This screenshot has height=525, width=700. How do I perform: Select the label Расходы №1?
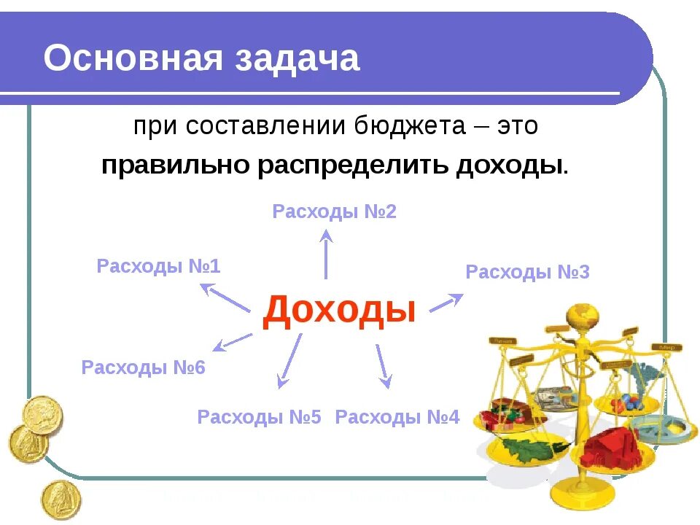tap(158, 266)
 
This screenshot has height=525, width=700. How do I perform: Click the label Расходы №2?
tap(334, 212)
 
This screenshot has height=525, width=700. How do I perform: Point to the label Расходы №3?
tap(527, 273)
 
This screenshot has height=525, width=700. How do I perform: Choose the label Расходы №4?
tap(397, 418)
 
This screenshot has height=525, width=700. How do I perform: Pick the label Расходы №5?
tap(259, 418)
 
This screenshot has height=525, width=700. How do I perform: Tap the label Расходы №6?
tap(144, 367)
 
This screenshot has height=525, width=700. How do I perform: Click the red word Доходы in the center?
tap(339, 310)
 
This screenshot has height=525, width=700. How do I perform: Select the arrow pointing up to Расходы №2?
tap(326, 252)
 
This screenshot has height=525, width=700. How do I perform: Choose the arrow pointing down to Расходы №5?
tap(289, 360)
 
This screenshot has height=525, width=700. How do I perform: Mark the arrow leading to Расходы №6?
tap(233, 341)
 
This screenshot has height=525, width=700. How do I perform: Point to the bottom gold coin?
tap(61, 499)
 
